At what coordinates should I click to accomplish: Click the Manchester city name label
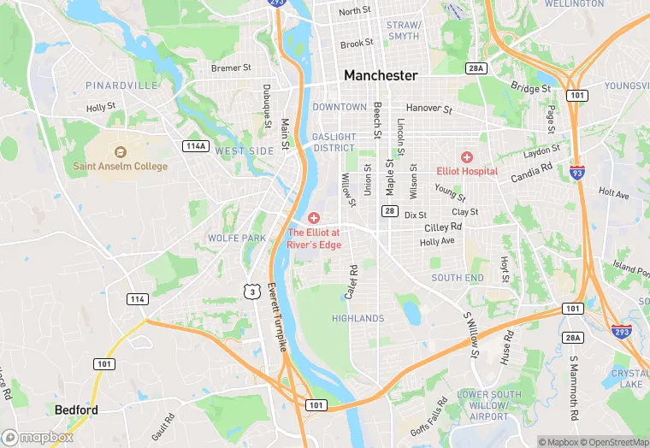(381, 75)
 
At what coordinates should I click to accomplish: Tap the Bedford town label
(76, 410)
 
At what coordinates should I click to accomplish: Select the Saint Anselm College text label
(121, 166)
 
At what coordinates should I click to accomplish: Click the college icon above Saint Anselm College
(121, 151)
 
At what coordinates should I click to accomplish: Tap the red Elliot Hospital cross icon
(467, 156)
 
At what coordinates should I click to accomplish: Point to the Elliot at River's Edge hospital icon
(314, 219)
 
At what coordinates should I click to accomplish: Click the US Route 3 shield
(251, 292)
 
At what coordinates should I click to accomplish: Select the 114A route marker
(196, 146)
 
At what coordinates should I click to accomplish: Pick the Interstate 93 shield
(578, 174)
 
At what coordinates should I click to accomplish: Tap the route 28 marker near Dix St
(390, 211)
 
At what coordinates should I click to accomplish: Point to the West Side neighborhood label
(245, 150)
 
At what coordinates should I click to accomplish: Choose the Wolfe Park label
(237, 238)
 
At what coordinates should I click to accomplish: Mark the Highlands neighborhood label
(357, 318)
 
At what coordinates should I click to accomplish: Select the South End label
(458, 278)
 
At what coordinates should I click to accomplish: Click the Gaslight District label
(334, 142)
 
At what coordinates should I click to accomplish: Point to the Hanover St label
(428, 109)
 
